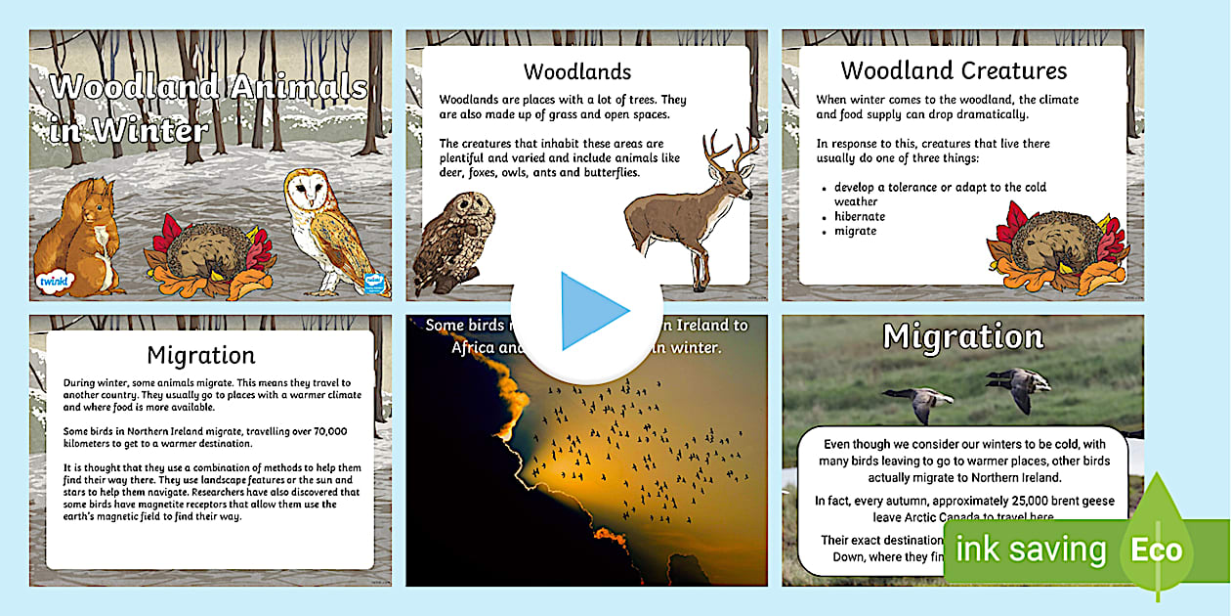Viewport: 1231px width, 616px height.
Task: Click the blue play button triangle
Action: (591, 312)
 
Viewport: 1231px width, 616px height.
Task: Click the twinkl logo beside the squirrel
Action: (50, 282)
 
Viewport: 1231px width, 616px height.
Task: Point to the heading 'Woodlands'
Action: (577, 71)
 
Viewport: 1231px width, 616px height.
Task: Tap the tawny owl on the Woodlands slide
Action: (452, 240)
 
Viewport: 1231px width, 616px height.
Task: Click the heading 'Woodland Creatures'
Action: (954, 70)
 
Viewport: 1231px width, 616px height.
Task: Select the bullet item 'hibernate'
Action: (860, 216)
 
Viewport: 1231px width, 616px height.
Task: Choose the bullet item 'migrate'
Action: (855, 231)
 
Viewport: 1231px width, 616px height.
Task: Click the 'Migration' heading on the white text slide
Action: (200, 354)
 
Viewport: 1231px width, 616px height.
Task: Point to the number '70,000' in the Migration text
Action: (320, 431)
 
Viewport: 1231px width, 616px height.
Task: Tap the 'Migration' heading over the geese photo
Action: (962, 337)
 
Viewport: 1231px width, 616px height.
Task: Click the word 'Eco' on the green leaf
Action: (1157, 549)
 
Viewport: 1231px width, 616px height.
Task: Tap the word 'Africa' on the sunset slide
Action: (475, 347)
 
